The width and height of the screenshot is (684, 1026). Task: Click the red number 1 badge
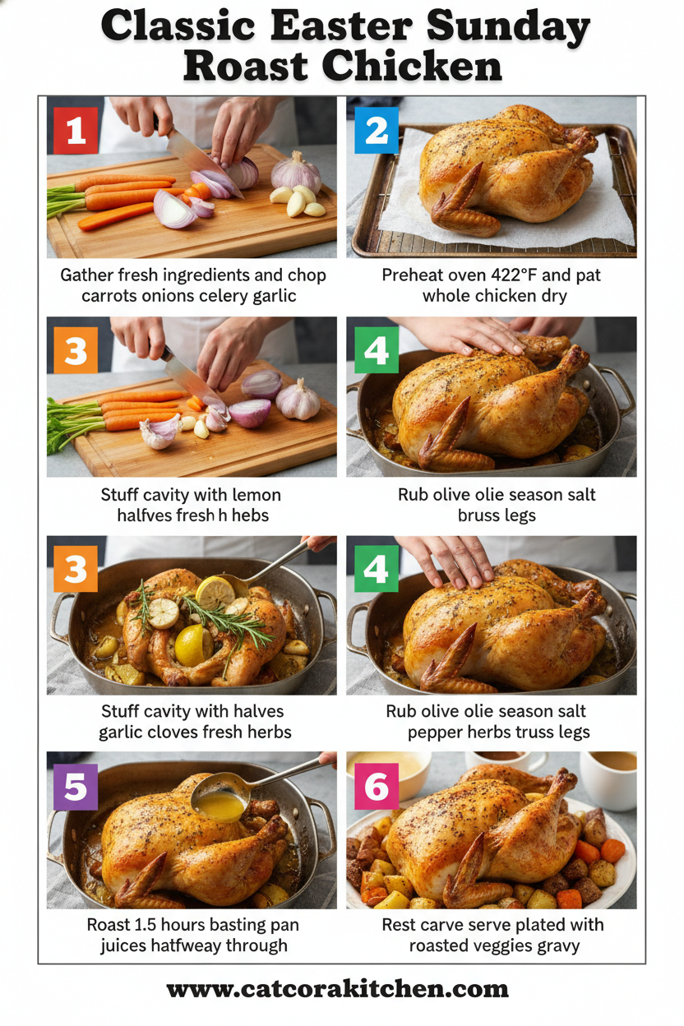pos(76,131)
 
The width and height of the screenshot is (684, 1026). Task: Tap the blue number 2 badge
pos(376,131)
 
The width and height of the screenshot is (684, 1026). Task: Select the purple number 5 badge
pos(76,787)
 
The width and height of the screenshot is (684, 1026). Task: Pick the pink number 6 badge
pos(376,787)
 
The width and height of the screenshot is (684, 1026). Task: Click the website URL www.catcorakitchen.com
pos(337,988)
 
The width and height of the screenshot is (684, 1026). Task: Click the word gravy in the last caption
pos(553,946)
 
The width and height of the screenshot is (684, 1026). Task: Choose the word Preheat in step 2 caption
pos(414,275)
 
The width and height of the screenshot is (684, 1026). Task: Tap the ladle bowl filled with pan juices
pos(220,803)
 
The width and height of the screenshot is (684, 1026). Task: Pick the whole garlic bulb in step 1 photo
pos(296,173)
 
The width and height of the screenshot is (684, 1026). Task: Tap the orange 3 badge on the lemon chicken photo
pos(76,569)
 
